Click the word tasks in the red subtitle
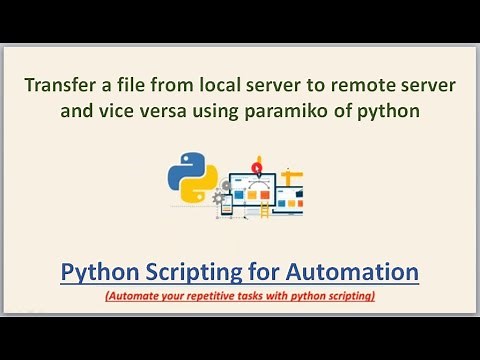click(x=270, y=296)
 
